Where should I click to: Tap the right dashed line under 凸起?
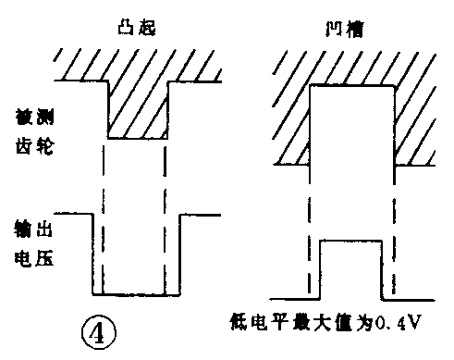pyautogui.click(x=166, y=213)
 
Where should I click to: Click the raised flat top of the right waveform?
pyautogui.click(x=350, y=241)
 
